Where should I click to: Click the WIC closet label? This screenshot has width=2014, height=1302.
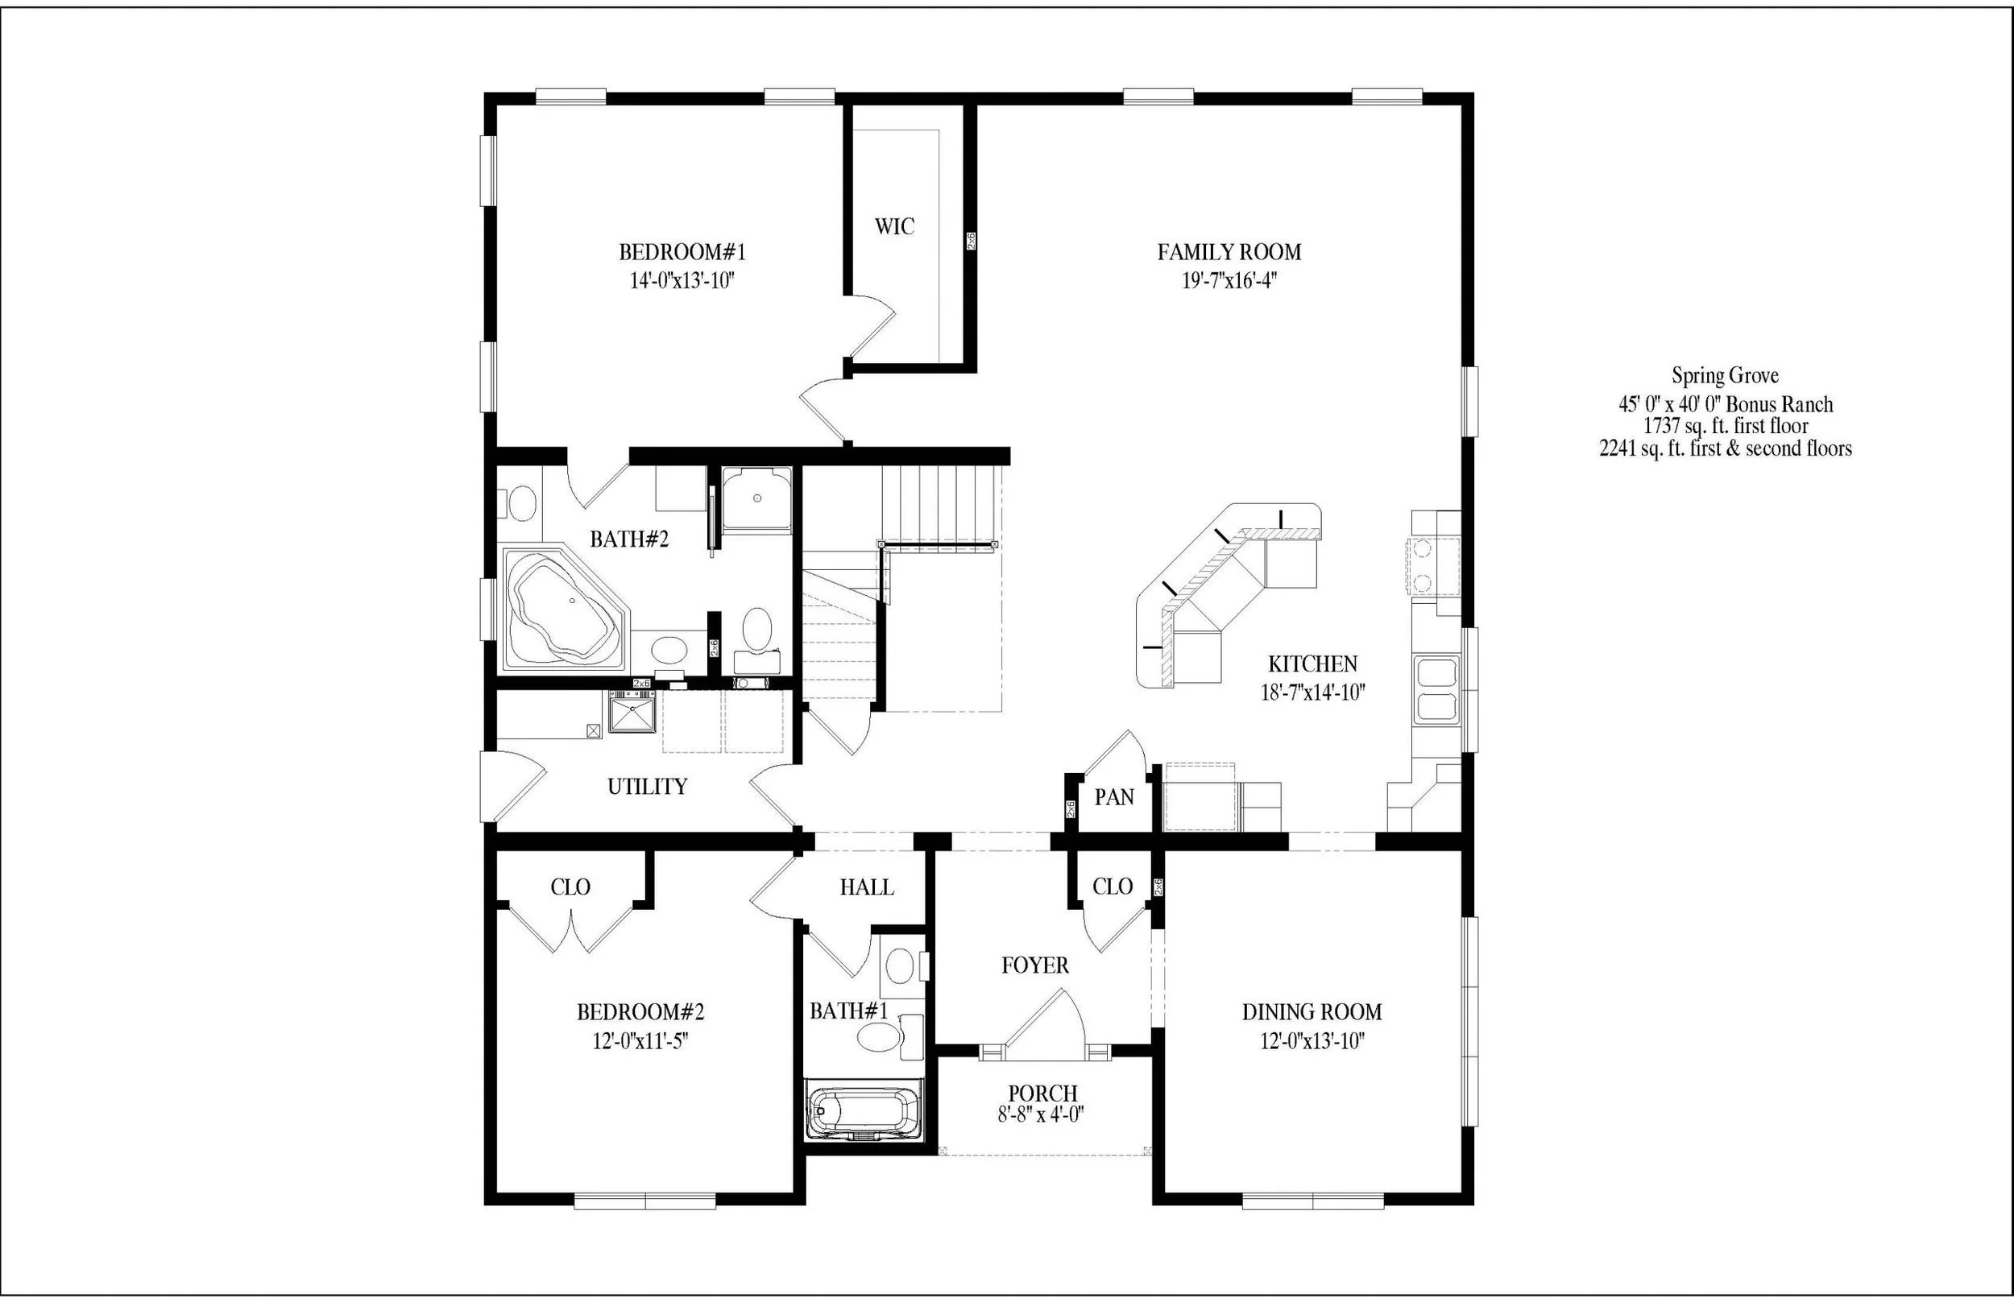pos(894,226)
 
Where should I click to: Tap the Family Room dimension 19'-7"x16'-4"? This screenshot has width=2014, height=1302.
pos(1229,281)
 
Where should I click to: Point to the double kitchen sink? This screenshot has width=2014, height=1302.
pos(1437,690)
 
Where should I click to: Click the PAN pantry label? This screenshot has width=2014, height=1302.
pos(1114,797)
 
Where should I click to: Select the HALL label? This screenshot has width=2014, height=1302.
pos(866,887)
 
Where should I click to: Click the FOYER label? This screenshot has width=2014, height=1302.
pos(1034,965)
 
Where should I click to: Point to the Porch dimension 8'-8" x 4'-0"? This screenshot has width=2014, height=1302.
pos(1042,1115)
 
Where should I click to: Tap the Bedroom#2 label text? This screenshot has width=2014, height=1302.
pos(640,1012)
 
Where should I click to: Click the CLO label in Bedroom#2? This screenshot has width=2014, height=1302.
pos(570,887)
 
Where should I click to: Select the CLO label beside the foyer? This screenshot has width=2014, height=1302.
pos(1112,887)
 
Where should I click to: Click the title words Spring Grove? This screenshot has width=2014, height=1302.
pos(1725,375)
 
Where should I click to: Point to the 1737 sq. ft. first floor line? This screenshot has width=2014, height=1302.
pos(1725,426)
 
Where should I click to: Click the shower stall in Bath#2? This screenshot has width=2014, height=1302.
pos(756,499)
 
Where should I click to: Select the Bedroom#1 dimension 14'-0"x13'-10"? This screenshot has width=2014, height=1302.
pos(682,281)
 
